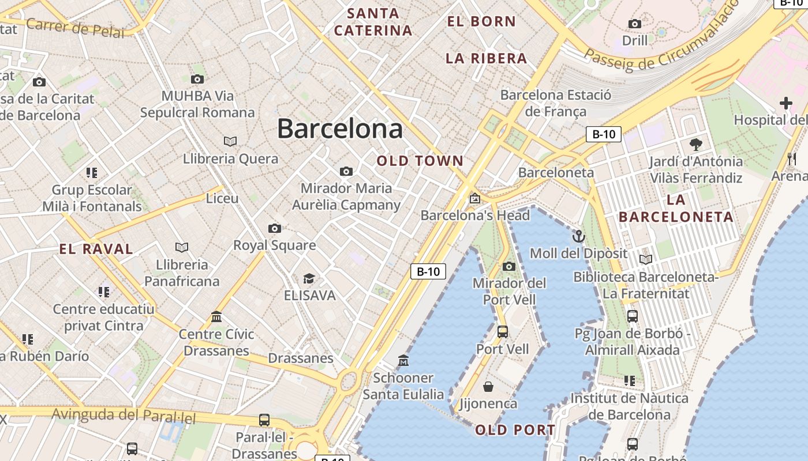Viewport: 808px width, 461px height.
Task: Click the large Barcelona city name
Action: pyautogui.click(x=340, y=129)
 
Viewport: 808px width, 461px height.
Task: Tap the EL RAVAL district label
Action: pyautogui.click(x=96, y=249)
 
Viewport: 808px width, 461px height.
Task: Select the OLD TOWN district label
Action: pyautogui.click(x=420, y=161)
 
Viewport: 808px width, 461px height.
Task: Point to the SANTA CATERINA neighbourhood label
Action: pyautogui.click(x=373, y=22)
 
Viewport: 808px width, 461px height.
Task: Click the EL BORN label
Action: pyautogui.click(x=481, y=21)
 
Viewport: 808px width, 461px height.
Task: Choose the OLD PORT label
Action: pyautogui.click(x=515, y=430)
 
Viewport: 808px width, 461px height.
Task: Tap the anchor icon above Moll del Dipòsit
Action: pyautogui.click(x=578, y=236)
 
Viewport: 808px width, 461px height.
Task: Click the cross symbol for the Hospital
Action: pyautogui.click(x=785, y=104)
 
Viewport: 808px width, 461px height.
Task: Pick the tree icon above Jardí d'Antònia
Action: pyautogui.click(x=696, y=144)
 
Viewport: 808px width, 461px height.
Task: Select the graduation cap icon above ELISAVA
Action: pyautogui.click(x=309, y=279)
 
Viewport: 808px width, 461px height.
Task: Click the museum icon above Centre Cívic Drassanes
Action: pyautogui.click(x=216, y=316)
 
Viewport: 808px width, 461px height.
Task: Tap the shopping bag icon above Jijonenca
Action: pyautogui.click(x=488, y=386)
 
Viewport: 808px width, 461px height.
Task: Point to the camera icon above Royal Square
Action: pyautogui.click(x=275, y=228)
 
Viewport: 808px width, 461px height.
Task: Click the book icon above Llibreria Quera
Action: pyautogui.click(x=230, y=141)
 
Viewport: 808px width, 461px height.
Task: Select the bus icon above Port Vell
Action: pyautogui.click(x=503, y=331)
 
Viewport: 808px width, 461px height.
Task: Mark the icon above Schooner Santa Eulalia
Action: pyautogui.click(x=403, y=361)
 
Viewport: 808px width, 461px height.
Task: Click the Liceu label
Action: pyautogui.click(x=222, y=198)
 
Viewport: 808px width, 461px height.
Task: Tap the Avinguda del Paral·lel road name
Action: pyautogui.click(x=125, y=415)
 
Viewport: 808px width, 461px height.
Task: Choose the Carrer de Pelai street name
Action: pyautogui.click(x=75, y=27)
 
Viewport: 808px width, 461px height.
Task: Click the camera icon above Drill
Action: pyautogui.click(x=635, y=24)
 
